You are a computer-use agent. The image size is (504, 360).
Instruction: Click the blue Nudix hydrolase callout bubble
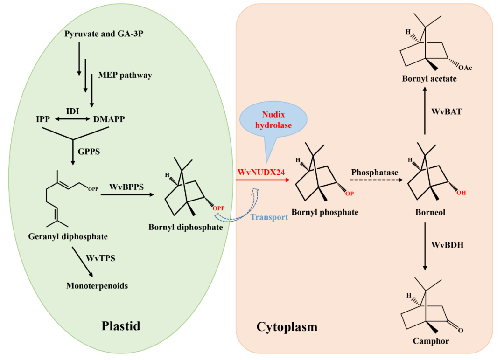(x=273, y=120)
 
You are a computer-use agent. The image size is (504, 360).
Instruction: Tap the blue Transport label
(x=269, y=217)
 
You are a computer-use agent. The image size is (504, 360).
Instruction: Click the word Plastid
(x=121, y=325)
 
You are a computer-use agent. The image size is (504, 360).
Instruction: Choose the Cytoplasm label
(x=287, y=327)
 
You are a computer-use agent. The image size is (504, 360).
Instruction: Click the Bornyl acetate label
(x=429, y=79)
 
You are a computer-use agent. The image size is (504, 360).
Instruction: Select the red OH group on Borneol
(x=461, y=192)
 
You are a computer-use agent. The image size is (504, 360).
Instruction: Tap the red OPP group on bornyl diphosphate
(x=218, y=208)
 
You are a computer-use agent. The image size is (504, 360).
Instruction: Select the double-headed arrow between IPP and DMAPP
(x=72, y=119)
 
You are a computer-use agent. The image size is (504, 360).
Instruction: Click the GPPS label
(x=90, y=152)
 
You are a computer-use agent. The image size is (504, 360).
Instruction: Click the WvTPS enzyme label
(x=100, y=257)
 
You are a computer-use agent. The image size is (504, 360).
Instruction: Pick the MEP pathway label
(x=125, y=75)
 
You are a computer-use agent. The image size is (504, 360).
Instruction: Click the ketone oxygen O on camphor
(x=460, y=330)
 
